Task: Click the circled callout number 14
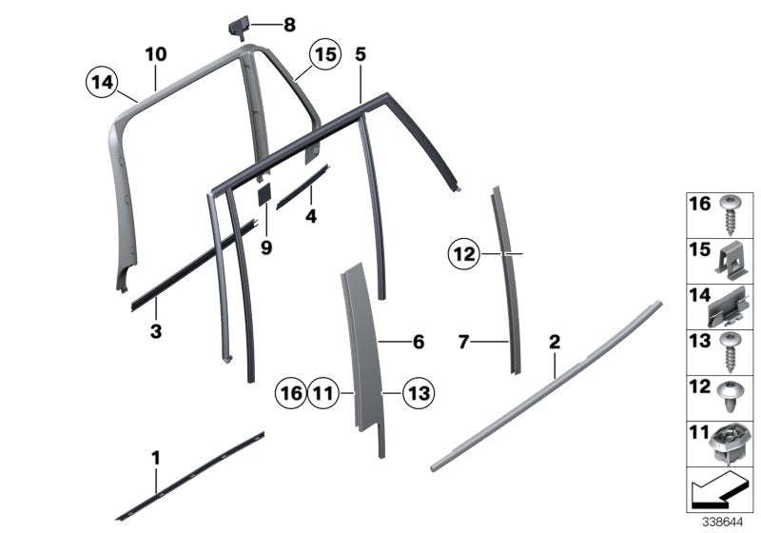[x=101, y=83]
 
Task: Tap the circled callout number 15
[x=325, y=56]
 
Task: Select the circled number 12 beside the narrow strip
[x=463, y=254]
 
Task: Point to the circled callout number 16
[x=290, y=390]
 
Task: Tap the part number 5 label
[x=361, y=54]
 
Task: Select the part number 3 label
[x=156, y=332]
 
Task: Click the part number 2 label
[x=555, y=340]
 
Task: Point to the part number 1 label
[x=156, y=459]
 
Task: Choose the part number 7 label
[x=463, y=341]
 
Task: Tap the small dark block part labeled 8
[x=238, y=26]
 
